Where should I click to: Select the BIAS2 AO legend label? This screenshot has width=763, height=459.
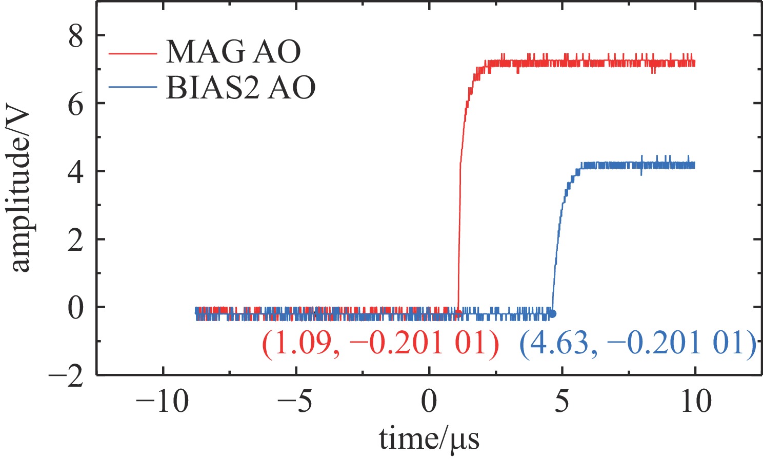click(x=240, y=87)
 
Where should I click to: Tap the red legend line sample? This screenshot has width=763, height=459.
click(x=132, y=52)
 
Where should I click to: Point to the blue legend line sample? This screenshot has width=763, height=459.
click(x=132, y=87)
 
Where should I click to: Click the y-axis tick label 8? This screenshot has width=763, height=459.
click(x=76, y=37)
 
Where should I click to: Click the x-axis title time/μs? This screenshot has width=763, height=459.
click(x=430, y=439)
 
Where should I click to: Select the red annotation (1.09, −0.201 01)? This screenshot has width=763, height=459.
click(x=380, y=343)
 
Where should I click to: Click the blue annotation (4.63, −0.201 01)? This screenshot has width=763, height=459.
click(x=638, y=343)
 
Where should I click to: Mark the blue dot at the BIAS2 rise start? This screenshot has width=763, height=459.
click(x=552, y=313)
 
